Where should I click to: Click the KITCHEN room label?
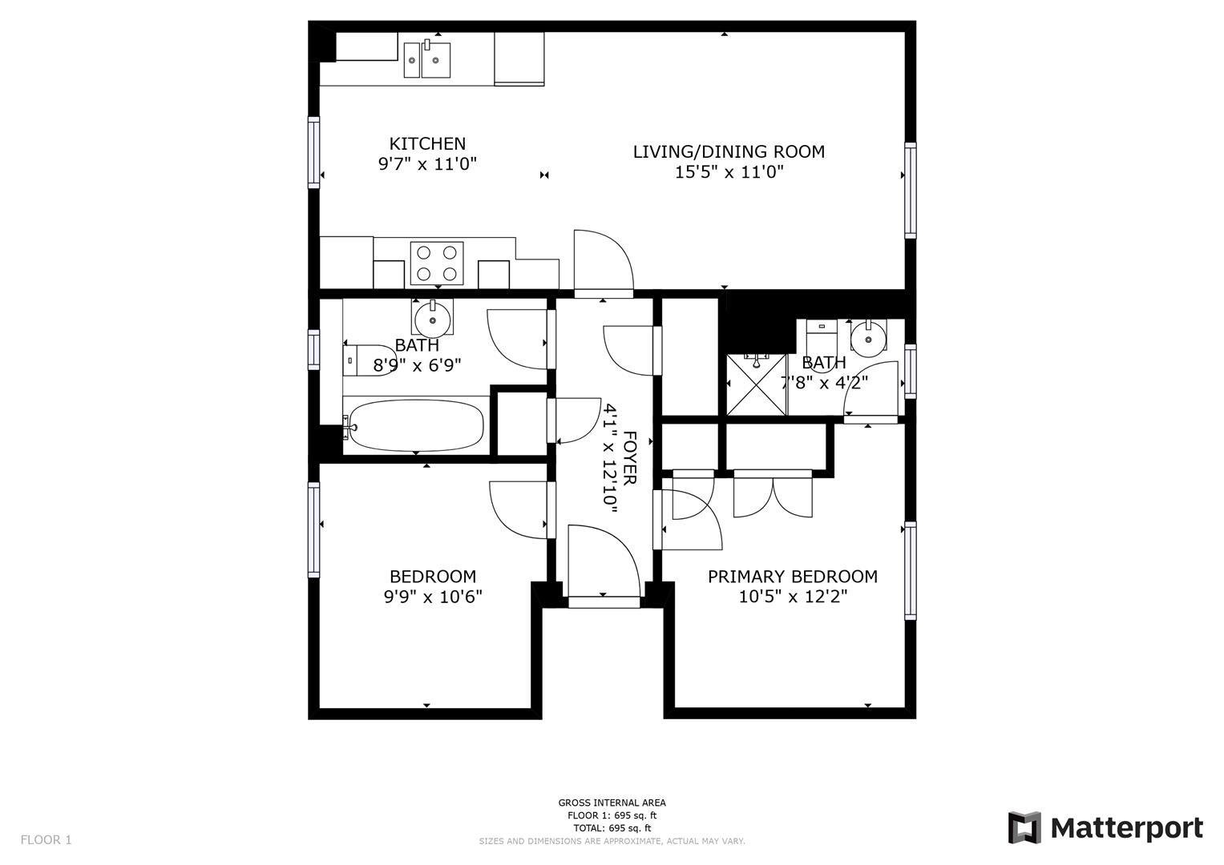pos(427,144)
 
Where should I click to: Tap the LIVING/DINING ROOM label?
pos(729,151)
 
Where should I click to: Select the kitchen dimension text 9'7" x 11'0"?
pos(427,165)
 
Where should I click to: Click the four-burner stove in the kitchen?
pos(437,263)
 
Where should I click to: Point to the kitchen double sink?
pos(426,60)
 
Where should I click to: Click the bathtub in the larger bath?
pos(416,426)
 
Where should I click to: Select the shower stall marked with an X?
pos(756,384)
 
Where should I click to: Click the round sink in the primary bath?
pos(867,338)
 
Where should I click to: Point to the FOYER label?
pos(630,457)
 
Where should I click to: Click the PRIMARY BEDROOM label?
pos(792,577)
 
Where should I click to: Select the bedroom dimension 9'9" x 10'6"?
pos(433,597)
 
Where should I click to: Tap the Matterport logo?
pos(1105,827)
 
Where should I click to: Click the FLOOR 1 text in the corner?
pos(46,840)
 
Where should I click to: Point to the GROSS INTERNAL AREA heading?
pos(612,803)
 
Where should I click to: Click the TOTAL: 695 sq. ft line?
pos(612,828)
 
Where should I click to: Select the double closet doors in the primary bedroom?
pos(773,495)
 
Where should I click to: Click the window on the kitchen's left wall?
pos(313,152)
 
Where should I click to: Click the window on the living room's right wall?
pos(910,190)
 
